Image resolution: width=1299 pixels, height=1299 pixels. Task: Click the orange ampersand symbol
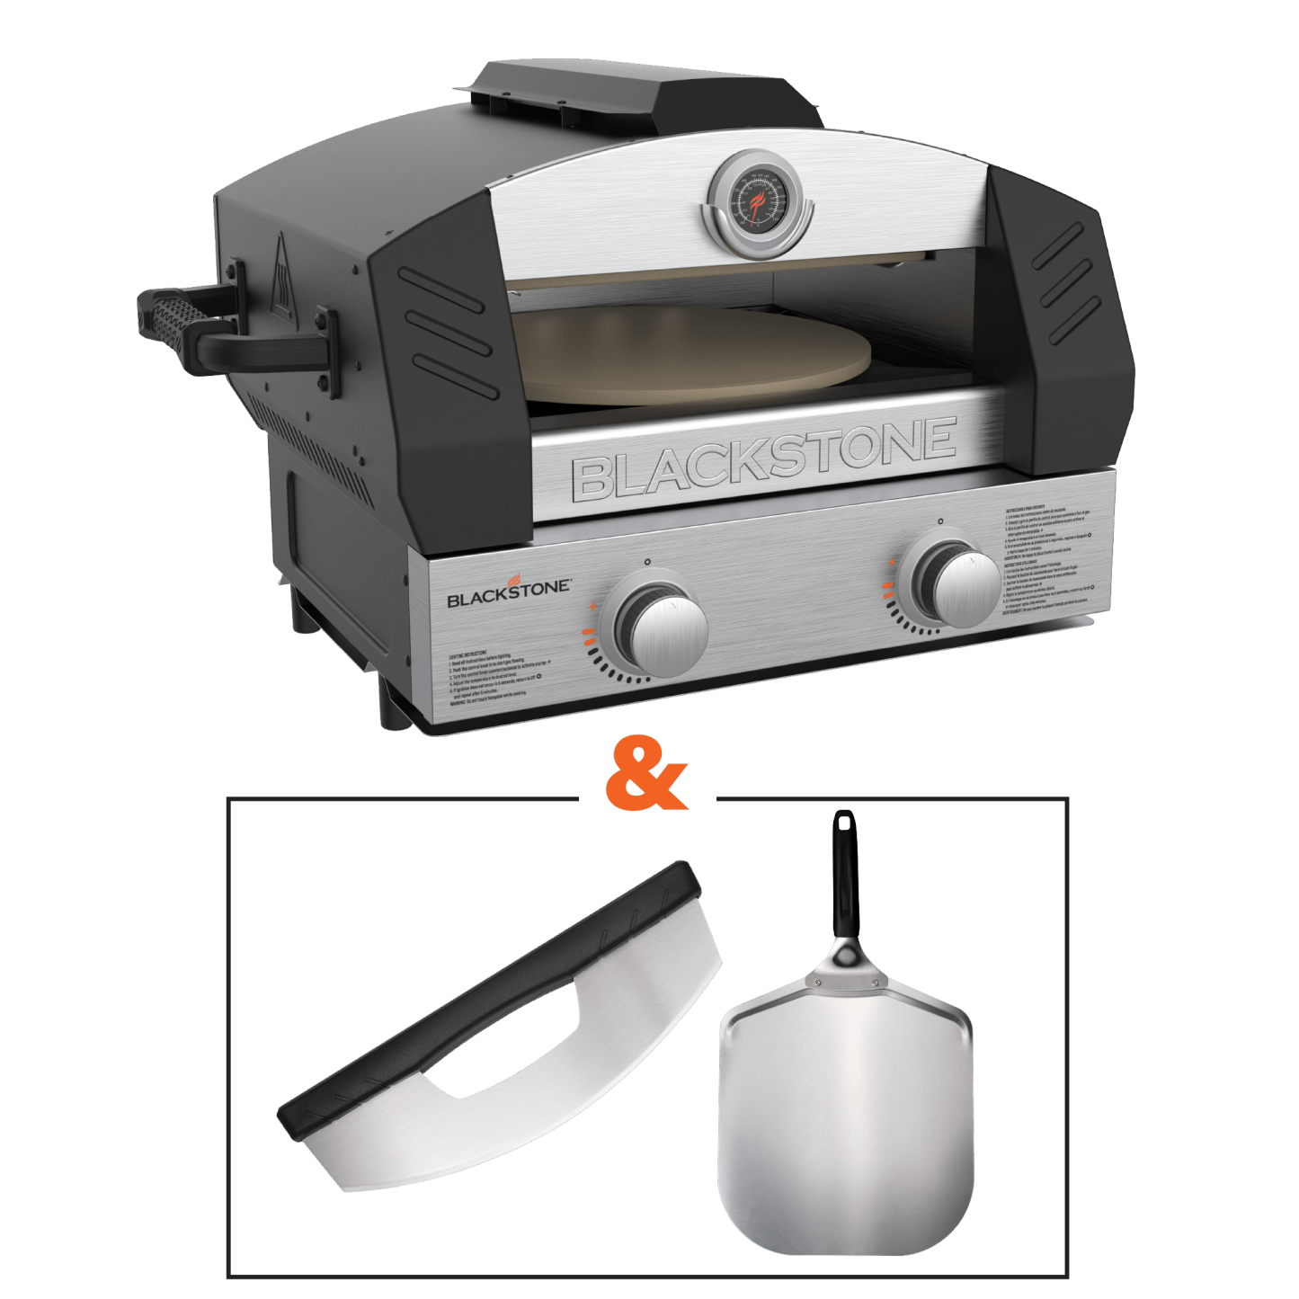point(645,774)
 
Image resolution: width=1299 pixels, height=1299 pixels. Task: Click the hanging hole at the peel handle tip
point(844,820)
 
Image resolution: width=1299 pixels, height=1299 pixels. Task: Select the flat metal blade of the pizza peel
point(845,1124)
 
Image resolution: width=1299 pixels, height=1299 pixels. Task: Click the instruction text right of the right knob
point(1047,566)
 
